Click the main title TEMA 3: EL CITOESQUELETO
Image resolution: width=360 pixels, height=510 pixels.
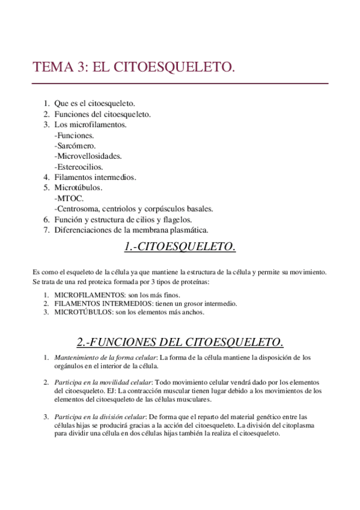click(x=133, y=67)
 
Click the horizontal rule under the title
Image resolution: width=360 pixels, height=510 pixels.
click(x=180, y=83)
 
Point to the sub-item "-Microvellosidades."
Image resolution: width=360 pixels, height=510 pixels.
click(x=88, y=156)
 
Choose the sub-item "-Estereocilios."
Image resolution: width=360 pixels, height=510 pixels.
click(x=79, y=167)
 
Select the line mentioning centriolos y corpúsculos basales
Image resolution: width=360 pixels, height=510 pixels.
click(x=133, y=209)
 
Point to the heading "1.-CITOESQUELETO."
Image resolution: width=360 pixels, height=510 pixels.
click(x=180, y=247)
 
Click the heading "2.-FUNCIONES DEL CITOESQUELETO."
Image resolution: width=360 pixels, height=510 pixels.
click(x=180, y=342)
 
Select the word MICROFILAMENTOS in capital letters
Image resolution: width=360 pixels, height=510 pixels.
click(x=84, y=295)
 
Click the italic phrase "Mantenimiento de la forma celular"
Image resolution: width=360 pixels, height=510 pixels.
click(x=106, y=358)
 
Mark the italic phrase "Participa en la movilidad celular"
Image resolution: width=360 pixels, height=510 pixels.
click(x=103, y=382)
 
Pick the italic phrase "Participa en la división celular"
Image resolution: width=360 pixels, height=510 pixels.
click(x=100, y=416)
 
